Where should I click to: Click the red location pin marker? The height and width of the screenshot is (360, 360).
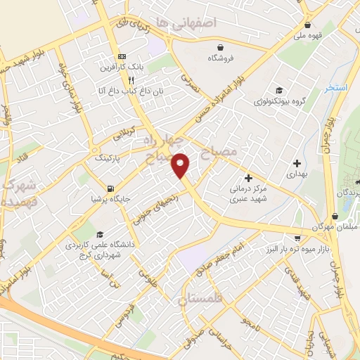181,166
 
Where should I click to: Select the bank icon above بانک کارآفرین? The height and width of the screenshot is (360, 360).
122,56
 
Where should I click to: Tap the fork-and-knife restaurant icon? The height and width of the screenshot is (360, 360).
122,80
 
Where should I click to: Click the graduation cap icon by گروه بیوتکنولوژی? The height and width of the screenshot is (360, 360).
279,90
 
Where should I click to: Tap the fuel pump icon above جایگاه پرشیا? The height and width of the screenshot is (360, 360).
110,188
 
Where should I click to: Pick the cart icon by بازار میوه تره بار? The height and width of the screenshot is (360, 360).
298,238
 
